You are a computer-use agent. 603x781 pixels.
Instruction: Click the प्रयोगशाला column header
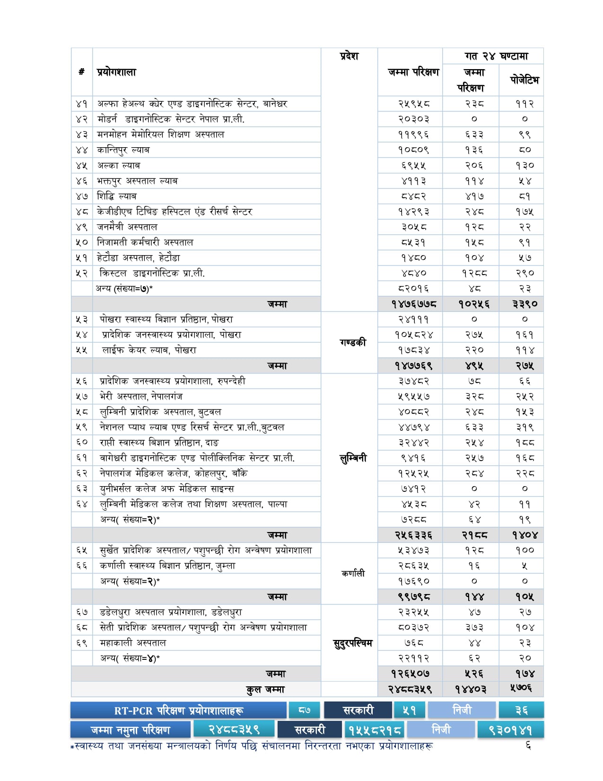click(116, 72)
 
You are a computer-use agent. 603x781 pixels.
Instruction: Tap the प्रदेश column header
click(349, 56)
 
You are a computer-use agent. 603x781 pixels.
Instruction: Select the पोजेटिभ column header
click(524, 80)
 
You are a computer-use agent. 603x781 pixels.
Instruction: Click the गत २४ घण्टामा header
click(496, 56)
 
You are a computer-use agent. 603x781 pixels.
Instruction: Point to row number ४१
click(82, 104)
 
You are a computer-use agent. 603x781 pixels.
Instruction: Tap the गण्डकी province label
click(353, 342)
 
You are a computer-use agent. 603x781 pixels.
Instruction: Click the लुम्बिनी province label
click(353, 458)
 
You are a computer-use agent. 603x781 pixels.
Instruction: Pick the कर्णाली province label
click(353, 573)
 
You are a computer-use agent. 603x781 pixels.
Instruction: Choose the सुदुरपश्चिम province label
click(353, 643)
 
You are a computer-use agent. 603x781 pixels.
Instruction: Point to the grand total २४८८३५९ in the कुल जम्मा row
click(410, 689)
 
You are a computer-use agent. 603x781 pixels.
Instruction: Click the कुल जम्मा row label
click(265, 689)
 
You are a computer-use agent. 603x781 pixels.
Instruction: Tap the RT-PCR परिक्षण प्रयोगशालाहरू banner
click(179, 710)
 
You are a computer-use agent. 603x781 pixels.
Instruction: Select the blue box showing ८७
click(305, 710)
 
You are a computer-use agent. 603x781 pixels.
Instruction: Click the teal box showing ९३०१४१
click(510, 730)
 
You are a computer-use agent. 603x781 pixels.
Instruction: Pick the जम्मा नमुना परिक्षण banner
click(131, 730)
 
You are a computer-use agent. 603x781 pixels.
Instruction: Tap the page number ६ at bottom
click(528, 746)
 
